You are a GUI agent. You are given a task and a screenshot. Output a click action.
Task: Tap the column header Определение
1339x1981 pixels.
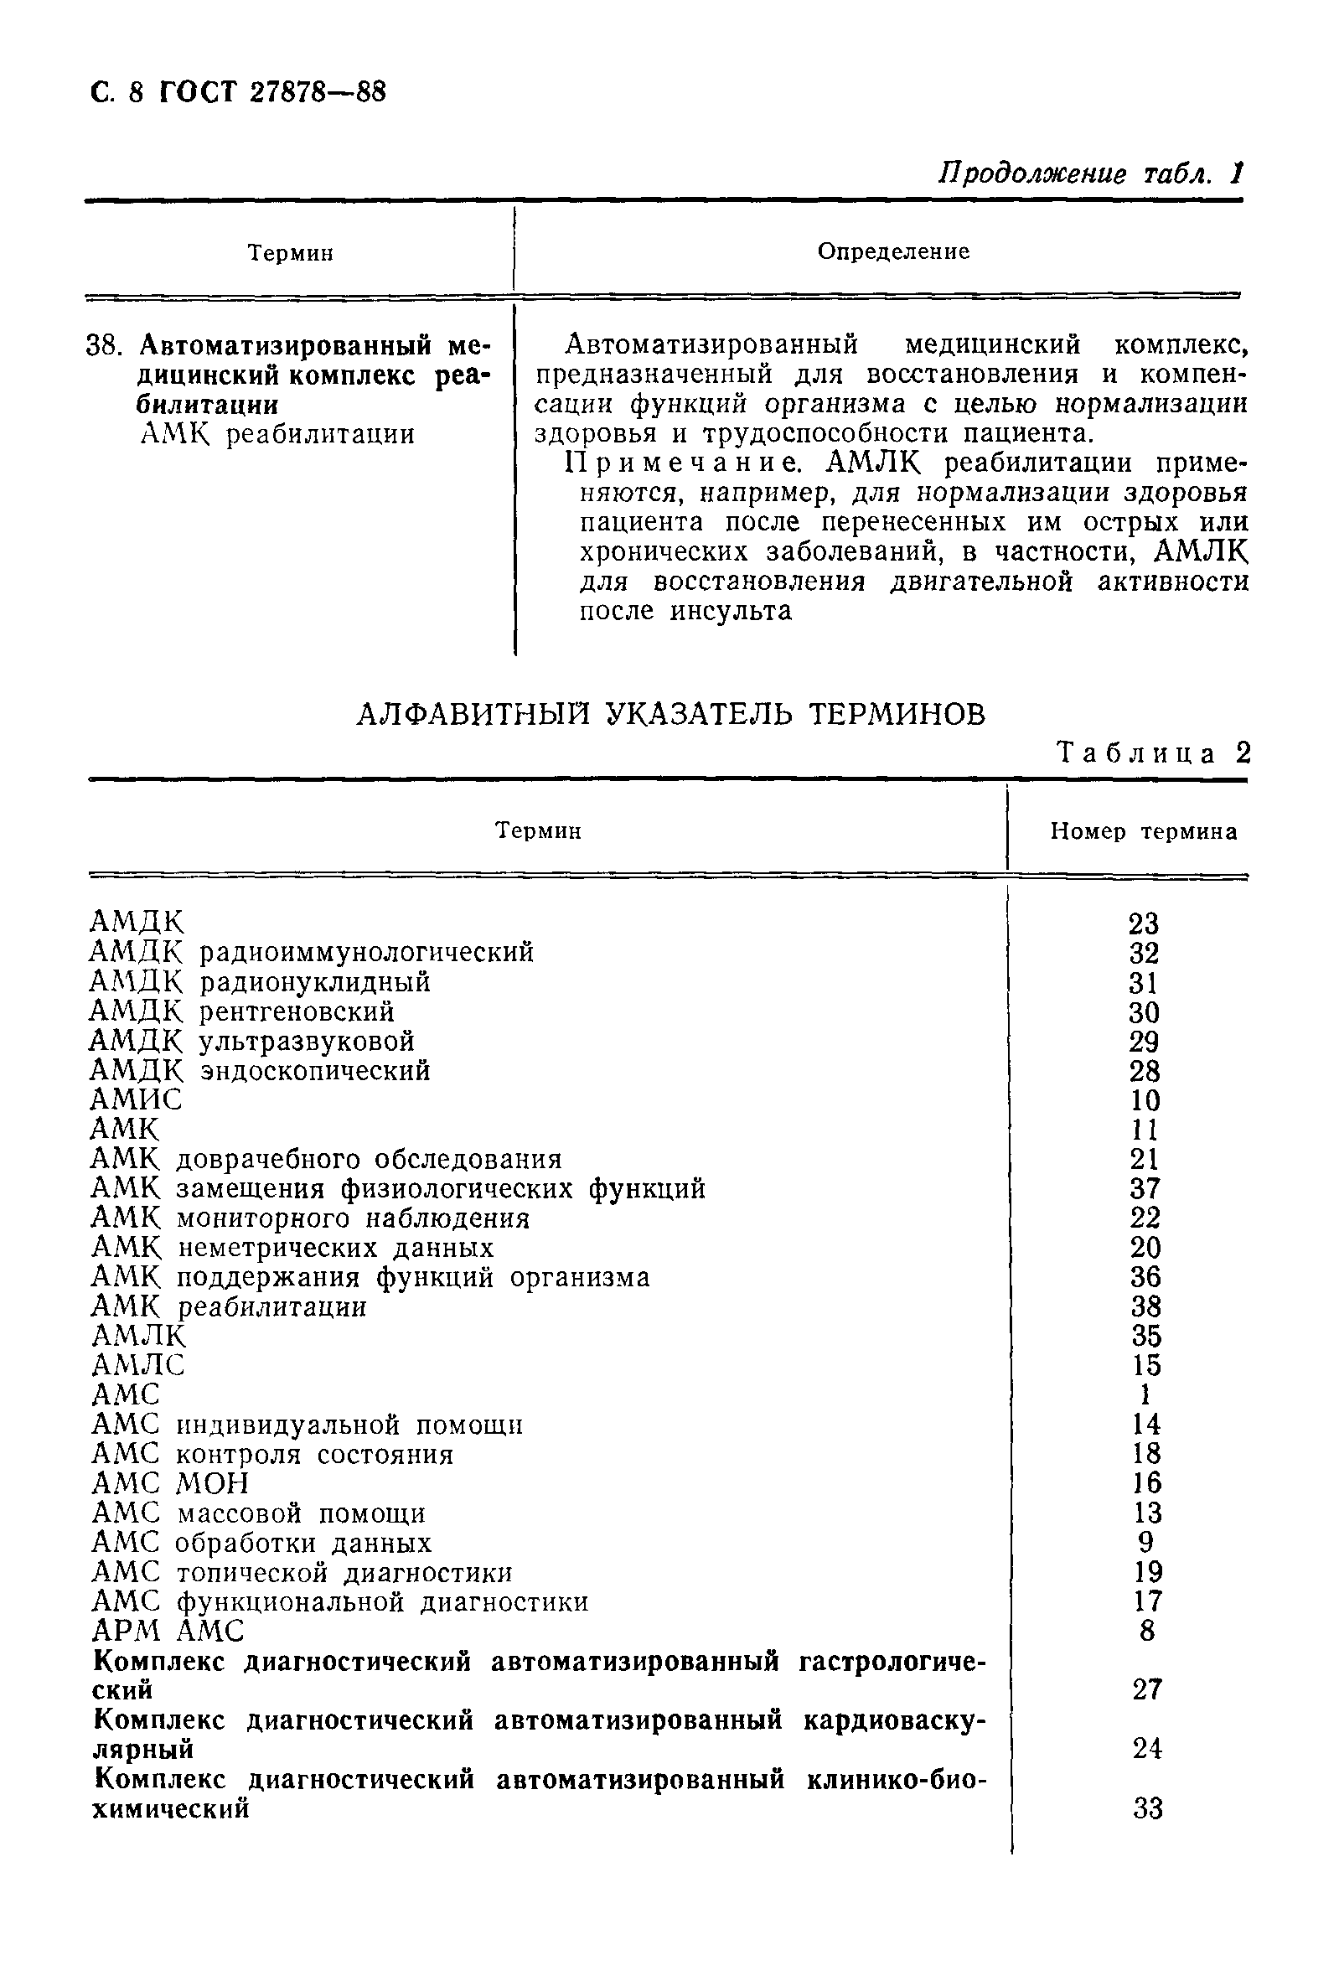coord(892,251)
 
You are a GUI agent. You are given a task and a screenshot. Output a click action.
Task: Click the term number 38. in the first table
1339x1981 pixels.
coord(106,346)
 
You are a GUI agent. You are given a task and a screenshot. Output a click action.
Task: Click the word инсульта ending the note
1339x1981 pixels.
coord(731,611)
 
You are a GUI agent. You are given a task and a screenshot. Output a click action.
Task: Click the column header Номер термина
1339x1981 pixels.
coord(1143,831)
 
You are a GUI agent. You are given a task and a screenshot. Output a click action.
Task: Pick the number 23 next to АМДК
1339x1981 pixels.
coord(1144,923)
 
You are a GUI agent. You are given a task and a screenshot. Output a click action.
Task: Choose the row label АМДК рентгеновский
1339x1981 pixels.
coord(242,1011)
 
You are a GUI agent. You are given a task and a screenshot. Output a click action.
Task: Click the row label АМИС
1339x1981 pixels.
coord(137,1099)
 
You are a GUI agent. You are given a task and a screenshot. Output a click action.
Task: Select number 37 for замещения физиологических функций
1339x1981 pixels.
coord(1145,1188)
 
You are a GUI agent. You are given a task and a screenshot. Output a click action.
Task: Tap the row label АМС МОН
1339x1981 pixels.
coord(170,1483)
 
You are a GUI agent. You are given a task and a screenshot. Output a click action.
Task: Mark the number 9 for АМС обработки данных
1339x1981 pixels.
coord(1145,1542)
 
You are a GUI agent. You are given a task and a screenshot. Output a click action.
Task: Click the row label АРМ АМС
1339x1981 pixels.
coord(168,1631)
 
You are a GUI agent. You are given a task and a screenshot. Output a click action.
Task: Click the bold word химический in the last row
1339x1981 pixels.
coord(170,1807)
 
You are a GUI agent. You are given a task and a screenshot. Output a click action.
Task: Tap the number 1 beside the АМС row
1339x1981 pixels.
coord(1145,1394)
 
